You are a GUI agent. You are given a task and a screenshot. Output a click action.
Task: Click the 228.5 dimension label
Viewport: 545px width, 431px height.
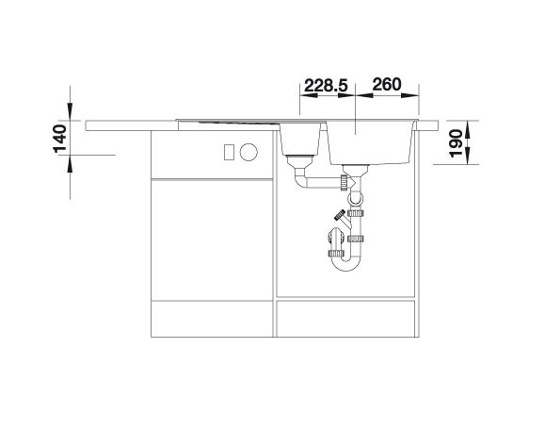click(326, 86)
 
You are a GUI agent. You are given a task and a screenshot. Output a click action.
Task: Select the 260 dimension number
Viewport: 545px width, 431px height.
click(387, 84)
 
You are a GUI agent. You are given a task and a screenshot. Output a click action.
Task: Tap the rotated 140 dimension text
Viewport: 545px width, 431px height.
click(60, 139)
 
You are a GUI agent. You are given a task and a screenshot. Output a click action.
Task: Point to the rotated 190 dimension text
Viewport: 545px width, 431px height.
click(457, 143)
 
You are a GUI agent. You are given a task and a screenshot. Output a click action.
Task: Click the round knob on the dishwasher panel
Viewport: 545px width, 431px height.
click(248, 152)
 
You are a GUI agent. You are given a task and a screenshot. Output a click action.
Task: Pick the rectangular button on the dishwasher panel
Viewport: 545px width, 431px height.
click(229, 153)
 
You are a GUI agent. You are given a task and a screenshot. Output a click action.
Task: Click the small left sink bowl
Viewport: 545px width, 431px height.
click(300, 140)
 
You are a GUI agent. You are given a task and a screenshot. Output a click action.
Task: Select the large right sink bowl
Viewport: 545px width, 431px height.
click(370, 142)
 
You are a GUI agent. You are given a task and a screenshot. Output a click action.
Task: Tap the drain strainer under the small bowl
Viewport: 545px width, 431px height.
click(299, 162)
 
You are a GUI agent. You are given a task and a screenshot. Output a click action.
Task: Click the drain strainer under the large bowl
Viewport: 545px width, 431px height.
click(355, 170)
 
